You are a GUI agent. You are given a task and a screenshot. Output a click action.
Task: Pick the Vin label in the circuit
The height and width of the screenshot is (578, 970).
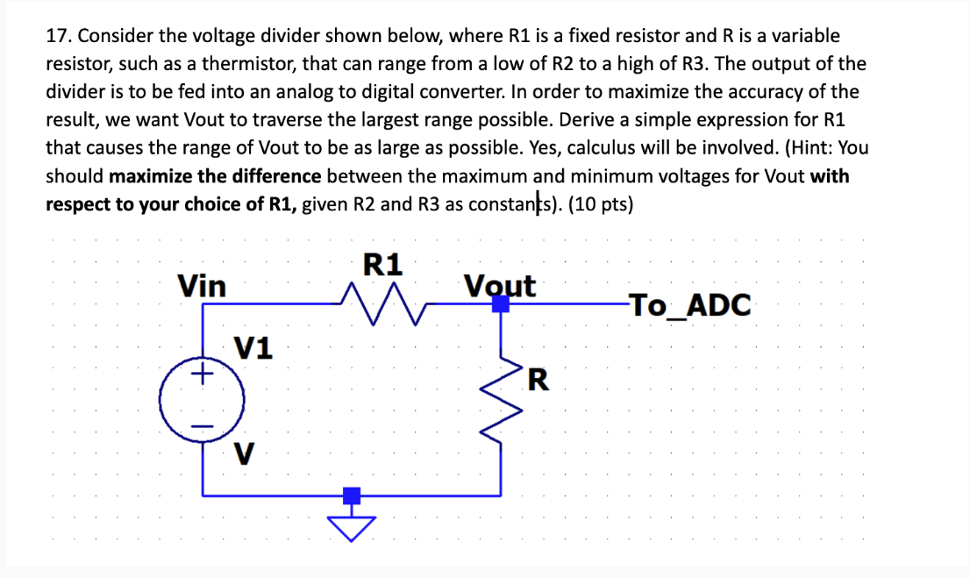click(x=202, y=286)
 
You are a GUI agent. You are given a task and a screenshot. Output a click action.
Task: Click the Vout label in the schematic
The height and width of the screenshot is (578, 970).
click(x=499, y=285)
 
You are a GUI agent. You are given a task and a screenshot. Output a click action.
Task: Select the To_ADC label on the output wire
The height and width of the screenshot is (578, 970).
click(x=689, y=305)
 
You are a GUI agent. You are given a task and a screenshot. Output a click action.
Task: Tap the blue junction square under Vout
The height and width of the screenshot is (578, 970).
click(x=500, y=304)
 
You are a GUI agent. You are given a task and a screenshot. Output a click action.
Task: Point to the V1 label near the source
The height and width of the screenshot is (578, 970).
click(x=253, y=348)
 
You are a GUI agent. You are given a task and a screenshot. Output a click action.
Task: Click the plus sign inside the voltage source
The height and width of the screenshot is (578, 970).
click(x=203, y=375)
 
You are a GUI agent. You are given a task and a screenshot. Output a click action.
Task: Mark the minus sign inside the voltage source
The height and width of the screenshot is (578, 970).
click(x=203, y=426)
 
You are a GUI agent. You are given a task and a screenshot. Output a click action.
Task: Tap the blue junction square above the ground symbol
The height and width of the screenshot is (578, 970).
click(x=351, y=496)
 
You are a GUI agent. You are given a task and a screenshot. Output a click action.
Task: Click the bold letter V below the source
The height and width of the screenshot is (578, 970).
click(x=246, y=455)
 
